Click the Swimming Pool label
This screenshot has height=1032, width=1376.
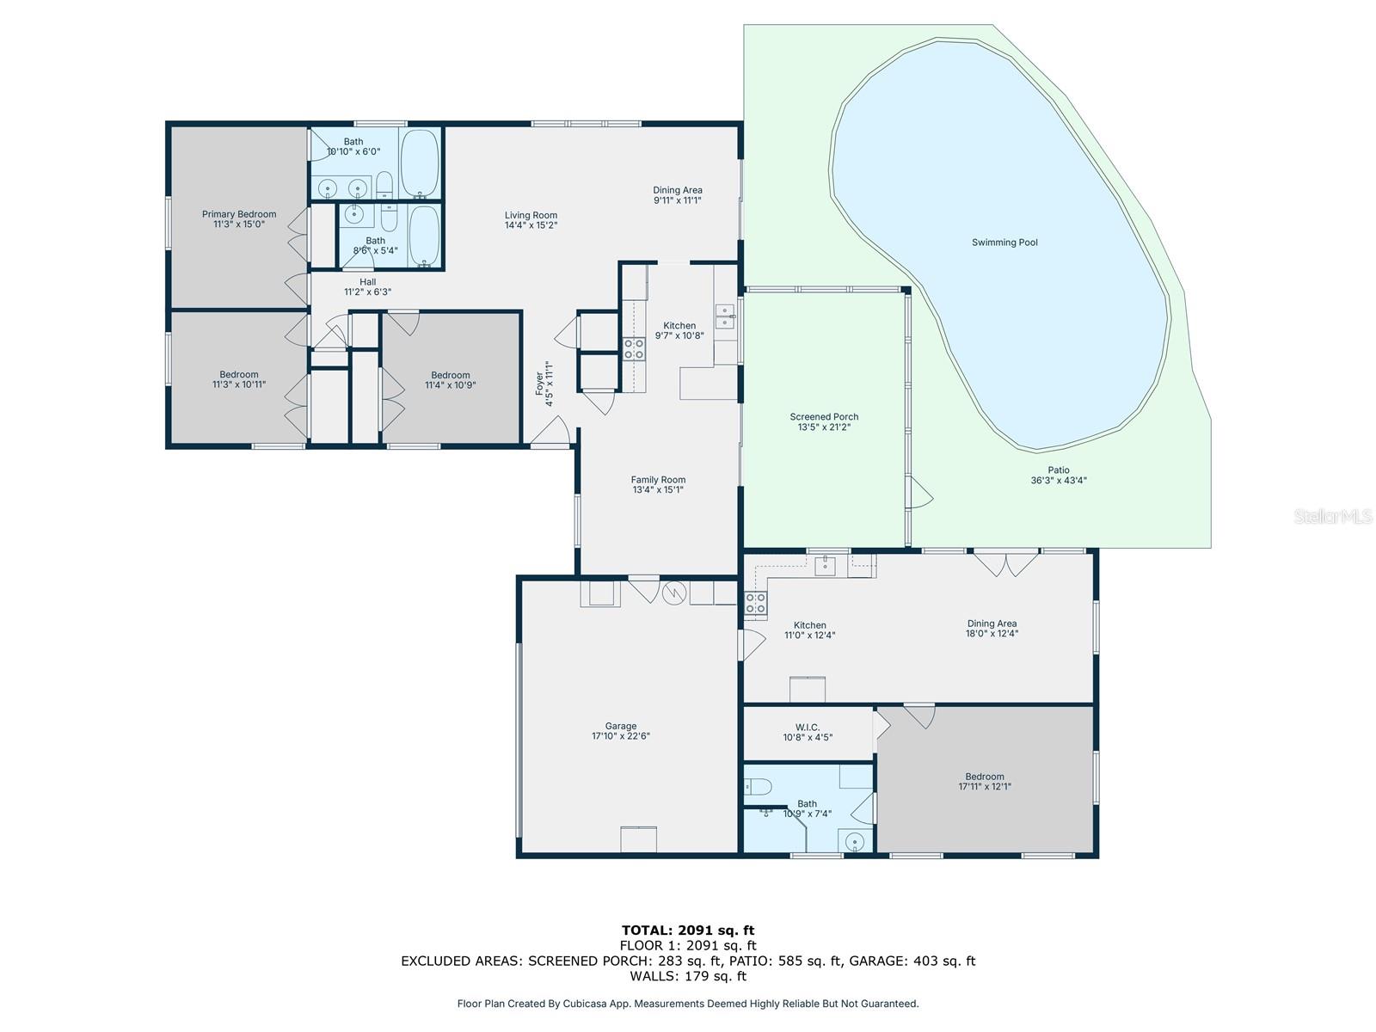(x=1004, y=243)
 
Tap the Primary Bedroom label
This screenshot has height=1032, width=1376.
(x=239, y=214)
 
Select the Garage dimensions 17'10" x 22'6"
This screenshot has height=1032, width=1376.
(x=621, y=736)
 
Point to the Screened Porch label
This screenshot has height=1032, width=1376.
(x=824, y=417)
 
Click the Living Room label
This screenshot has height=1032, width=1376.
(x=531, y=215)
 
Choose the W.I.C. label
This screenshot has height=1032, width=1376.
(x=808, y=728)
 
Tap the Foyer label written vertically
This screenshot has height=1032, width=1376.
(x=539, y=384)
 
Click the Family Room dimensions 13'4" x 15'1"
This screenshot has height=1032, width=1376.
(x=658, y=490)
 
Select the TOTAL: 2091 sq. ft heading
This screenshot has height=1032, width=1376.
(x=688, y=931)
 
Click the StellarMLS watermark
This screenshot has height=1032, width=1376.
(x=1333, y=516)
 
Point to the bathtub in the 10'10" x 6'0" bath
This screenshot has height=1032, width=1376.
(x=420, y=163)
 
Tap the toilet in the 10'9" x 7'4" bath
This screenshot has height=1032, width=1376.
(x=758, y=786)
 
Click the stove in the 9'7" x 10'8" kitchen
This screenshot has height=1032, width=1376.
(x=634, y=349)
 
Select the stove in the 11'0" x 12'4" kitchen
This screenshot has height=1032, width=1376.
(x=755, y=603)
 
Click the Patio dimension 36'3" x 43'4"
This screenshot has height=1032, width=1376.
(x=1058, y=481)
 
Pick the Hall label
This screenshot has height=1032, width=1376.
(x=368, y=282)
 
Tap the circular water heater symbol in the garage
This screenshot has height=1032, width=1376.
(x=674, y=593)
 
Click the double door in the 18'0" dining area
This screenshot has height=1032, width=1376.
(x=1005, y=562)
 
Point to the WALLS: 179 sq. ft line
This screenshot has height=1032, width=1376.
(x=688, y=975)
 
